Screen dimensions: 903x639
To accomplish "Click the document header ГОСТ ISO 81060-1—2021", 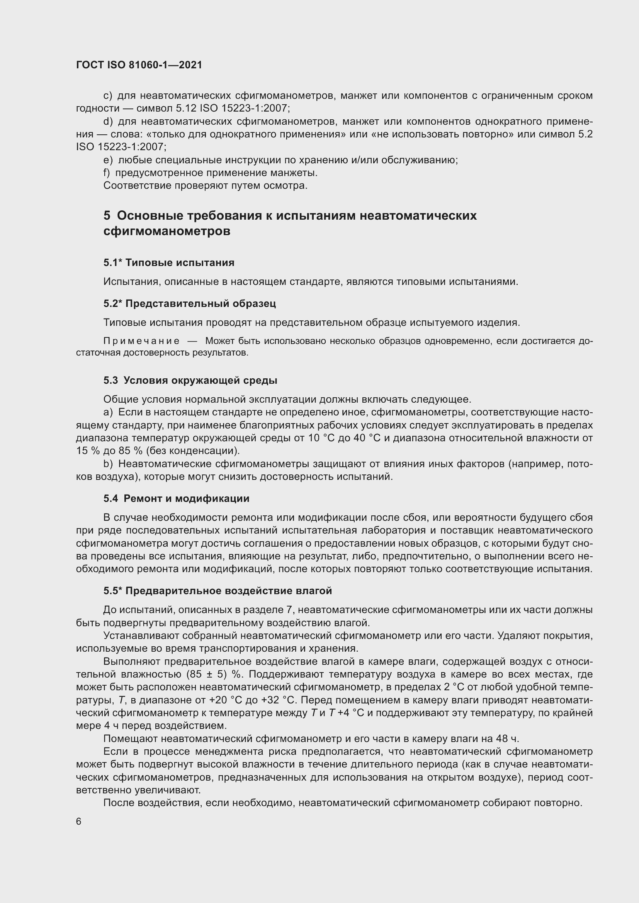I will tap(139, 65).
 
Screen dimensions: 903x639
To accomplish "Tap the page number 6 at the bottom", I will tap(79, 821).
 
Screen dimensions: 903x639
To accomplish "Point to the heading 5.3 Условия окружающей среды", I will tap(190, 380).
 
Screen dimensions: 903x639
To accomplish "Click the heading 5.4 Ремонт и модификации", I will tap(176, 498).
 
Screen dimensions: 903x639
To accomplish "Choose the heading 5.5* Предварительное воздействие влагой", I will tap(218, 591).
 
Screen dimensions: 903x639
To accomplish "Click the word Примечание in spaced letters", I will tap(141, 341).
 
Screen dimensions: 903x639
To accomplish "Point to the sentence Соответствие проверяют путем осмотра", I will tap(205, 185).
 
